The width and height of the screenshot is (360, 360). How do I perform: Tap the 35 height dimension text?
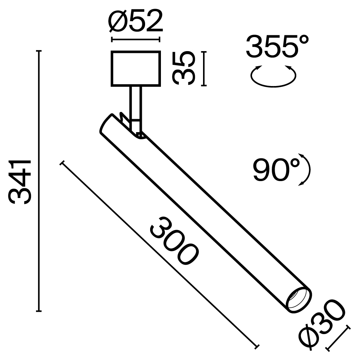184,68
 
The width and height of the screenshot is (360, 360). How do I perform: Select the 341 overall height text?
21,182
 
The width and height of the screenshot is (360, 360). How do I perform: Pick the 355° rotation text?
278,46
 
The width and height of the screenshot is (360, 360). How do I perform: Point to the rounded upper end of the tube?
107,124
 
